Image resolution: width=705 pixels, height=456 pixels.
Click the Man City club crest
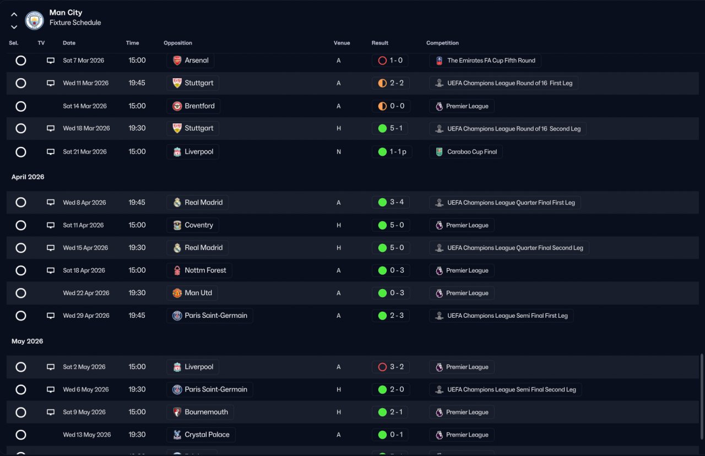point(34,20)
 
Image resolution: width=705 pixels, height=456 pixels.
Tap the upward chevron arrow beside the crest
point(14,14)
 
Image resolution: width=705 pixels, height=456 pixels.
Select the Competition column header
point(442,43)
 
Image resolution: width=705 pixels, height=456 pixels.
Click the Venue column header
point(342,43)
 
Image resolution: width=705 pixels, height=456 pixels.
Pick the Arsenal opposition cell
point(191,61)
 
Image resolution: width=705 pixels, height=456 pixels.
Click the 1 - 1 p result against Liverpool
point(392,151)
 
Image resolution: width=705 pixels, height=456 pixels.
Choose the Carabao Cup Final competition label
point(466,151)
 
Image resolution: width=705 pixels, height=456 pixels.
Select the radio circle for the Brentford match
point(21,106)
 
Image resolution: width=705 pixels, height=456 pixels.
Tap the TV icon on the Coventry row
point(51,225)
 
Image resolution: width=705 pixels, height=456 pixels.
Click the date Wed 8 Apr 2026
point(84,203)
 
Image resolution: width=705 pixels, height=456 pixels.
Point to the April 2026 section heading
point(28,177)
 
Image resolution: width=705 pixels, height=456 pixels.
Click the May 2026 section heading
point(27,341)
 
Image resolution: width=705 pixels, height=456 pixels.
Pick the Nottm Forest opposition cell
point(199,270)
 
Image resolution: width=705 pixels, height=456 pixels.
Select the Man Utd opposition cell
point(192,293)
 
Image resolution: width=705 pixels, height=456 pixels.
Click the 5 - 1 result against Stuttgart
point(390,128)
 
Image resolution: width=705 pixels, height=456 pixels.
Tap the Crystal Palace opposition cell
point(201,435)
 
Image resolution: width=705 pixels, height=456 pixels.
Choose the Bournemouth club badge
point(177,412)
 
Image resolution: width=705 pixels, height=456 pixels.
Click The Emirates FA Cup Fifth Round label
point(485,61)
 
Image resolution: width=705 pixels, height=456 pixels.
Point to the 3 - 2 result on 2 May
point(391,367)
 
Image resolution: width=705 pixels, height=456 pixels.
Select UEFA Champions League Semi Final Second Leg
point(506,389)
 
